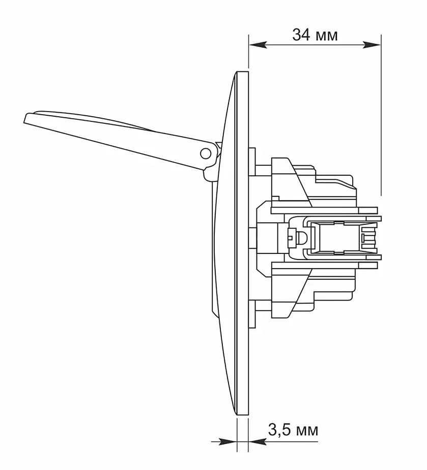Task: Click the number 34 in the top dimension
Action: pyautogui.click(x=301, y=35)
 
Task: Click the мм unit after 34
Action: pyautogui.click(x=327, y=36)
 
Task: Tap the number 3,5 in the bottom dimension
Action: pyautogui.click(x=279, y=430)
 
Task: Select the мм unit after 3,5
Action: pyautogui.click(x=307, y=432)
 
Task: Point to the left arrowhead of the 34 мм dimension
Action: pyautogui.click(x=258, y=45)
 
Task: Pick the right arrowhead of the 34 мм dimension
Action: pyautogui.click(x=372, y=45)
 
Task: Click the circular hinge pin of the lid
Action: pyautogui.click(x=205, y=153)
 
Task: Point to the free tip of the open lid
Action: pyautogui.click(x=25, y=118)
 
